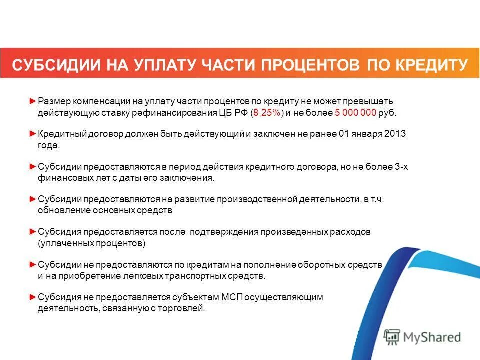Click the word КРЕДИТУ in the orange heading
coord(431,65)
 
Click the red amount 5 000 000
coord(355,113)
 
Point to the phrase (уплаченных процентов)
coord(91,243)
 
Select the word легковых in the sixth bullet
coord(136,276)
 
